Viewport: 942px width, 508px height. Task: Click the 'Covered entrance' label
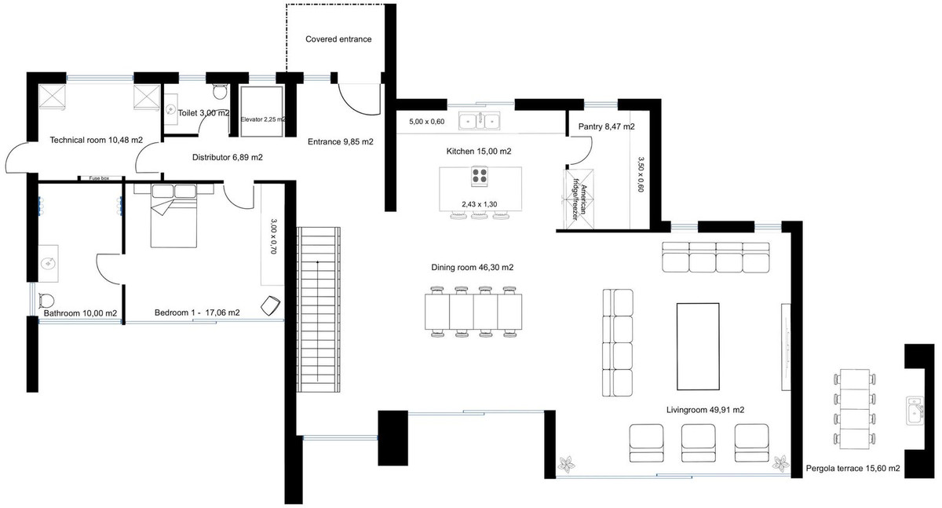coord(338,39)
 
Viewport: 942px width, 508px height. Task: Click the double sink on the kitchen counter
coord(481,122)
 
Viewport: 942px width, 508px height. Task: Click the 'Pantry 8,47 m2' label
coord(606,126)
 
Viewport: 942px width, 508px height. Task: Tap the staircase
coord(319,310)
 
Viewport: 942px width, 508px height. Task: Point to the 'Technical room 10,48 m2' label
coord(96,140)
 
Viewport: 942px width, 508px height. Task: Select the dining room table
coord(473,311)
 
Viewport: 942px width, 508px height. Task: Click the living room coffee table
coord(697,345)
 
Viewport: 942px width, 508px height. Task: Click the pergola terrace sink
coord(914,410)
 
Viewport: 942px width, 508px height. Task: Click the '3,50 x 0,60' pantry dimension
coord(641,174)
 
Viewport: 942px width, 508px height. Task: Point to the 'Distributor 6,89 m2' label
coord(227,157)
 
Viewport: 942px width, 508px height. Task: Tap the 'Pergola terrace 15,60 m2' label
coord(853,469)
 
